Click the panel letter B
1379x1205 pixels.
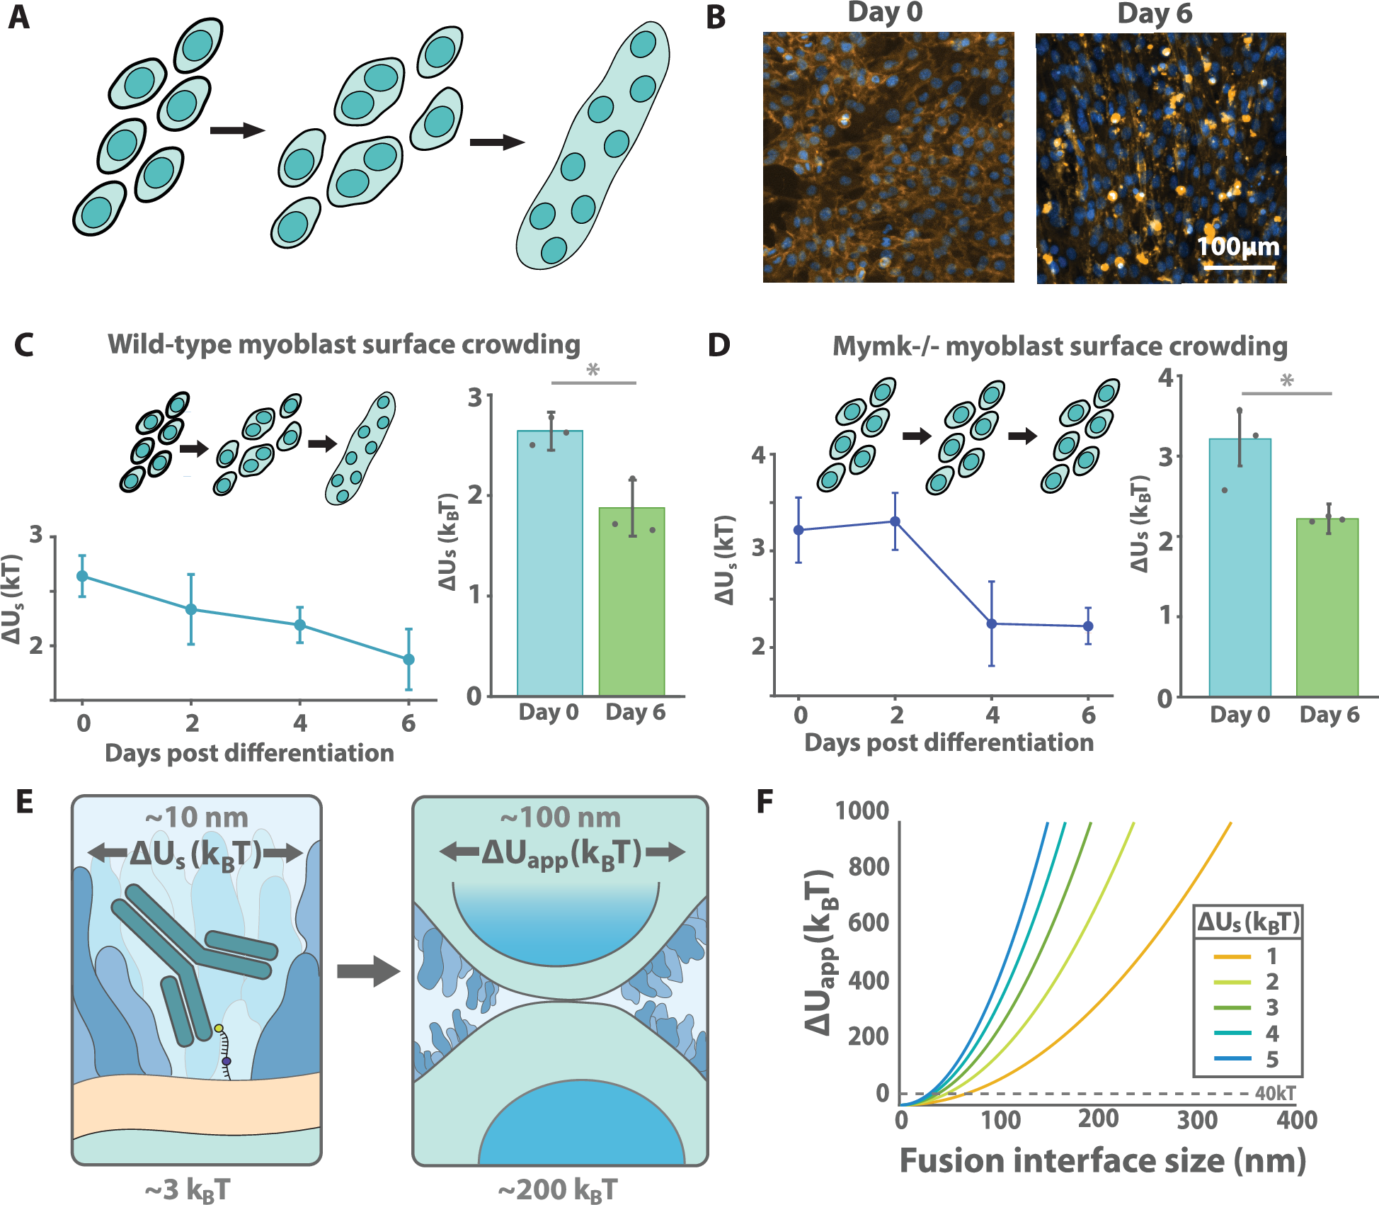coord(716,17)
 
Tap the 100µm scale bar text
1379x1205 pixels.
coord(1238,247)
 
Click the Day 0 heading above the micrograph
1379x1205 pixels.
coord(885,13)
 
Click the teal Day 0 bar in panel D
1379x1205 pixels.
coord(1240,567)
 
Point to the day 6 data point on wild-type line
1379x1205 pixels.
coord(408,660)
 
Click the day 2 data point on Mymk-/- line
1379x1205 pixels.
coord(895,521)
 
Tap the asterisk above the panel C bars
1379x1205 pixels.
coord(593,370)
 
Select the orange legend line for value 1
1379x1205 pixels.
coord(1232,956)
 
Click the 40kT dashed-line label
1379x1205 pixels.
coord(1275,1093)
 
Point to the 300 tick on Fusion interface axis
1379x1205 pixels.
coord(1197,1120)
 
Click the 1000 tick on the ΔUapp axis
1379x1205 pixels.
coord(862,810)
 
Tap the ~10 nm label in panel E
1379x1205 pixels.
coord(197,818)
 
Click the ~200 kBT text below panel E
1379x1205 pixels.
coord(558,1189)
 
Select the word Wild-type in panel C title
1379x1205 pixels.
coord(170,344)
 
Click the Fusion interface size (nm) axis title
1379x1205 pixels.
coord(1102,1161)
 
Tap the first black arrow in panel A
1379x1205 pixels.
coord(237,130)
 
